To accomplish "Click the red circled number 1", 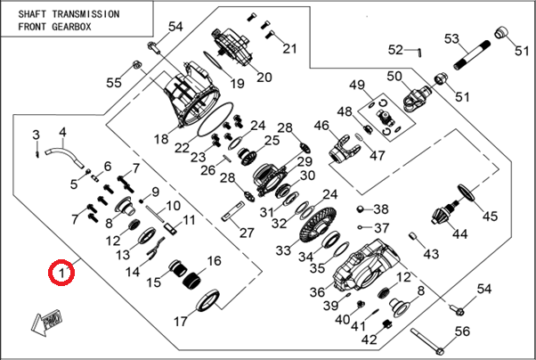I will (x=61, y=271).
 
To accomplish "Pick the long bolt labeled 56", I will (x=428, y=342).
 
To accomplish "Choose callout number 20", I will (x=264, y=77).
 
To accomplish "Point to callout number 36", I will (x=318, y=291).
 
